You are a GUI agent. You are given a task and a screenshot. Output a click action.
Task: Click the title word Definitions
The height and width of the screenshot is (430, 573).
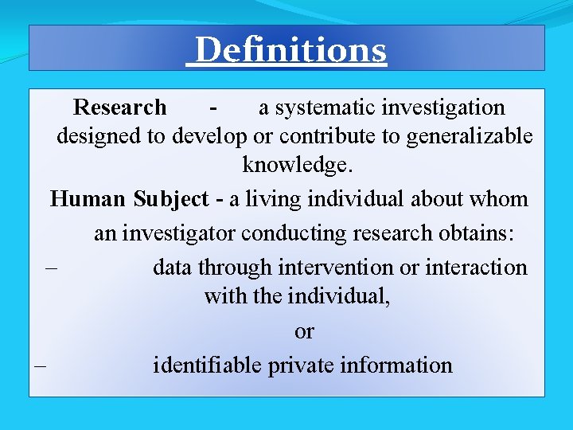(290, 50)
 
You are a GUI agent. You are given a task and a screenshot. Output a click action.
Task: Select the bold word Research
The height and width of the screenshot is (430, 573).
(119, 107)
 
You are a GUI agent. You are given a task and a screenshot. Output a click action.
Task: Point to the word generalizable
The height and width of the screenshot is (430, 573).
(469, 136)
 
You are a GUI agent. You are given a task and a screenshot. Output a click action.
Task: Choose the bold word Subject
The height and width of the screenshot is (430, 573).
(170, 199)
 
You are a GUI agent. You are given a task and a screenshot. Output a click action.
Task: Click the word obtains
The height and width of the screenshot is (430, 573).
(477, 233)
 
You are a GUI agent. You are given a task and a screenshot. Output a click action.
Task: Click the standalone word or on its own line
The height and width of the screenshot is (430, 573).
(304, 331)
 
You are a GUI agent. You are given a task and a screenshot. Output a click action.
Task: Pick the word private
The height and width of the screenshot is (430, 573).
(300, 365)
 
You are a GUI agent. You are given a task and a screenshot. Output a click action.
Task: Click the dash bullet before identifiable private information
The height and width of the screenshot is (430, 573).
(40, 365)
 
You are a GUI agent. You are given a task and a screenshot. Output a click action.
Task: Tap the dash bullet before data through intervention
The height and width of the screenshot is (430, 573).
(52, 267)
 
